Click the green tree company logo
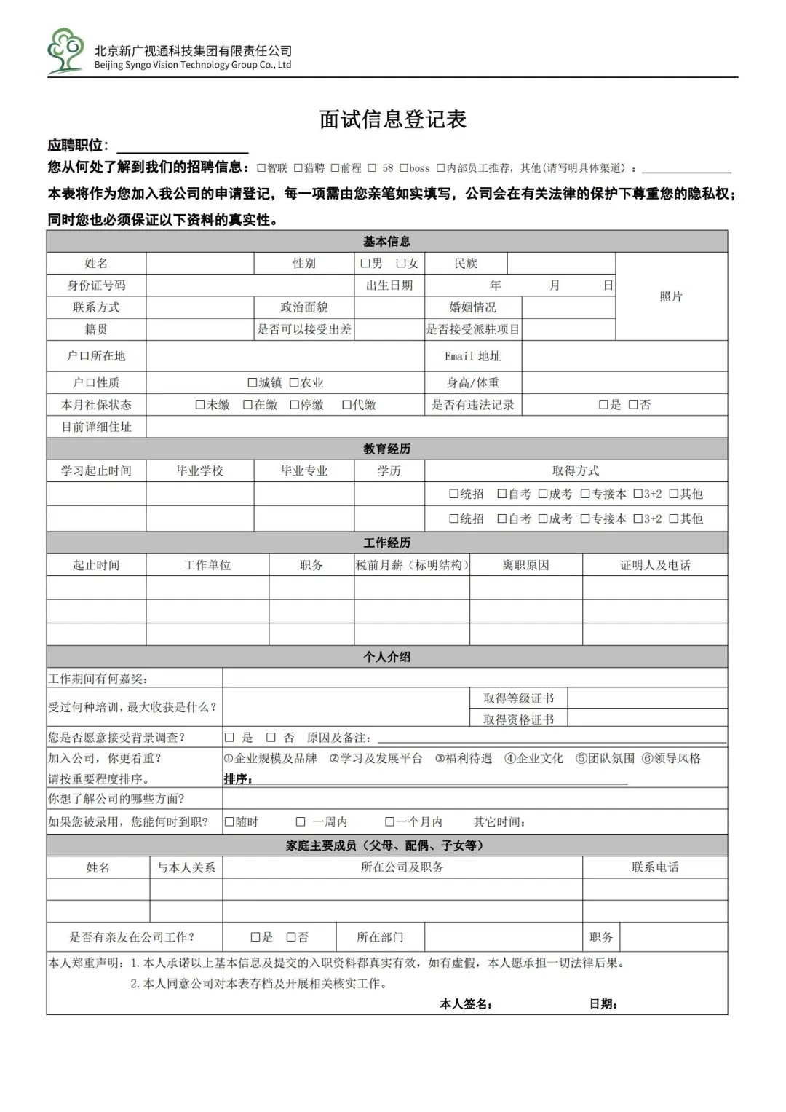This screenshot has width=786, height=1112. coord(65,51)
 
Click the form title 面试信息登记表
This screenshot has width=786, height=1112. coord(392,119)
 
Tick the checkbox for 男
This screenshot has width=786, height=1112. coord(365,263)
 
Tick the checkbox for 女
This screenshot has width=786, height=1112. coord(401,263)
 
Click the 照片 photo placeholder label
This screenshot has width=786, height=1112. coord(670,296)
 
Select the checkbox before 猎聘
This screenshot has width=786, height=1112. coord(298,168)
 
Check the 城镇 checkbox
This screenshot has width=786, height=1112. coord(253,382)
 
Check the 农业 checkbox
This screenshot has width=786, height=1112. coord(294,382)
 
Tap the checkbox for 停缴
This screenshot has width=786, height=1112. coord(295,405)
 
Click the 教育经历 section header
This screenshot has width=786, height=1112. coord(386,449)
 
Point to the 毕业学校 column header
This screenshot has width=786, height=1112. coord(199,471)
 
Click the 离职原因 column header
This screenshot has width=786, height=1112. coord(525,565)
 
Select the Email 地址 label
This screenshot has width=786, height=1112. coord(472,356)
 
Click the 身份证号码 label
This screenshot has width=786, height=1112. coord(96,285)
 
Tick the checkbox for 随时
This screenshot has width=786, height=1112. coord(229,822)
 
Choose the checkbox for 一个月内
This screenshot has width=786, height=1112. coord(390,822)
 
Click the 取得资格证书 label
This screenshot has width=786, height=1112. coord(518,719)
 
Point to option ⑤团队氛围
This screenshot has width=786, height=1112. coord(605,759)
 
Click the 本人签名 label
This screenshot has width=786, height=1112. coord(466,1004)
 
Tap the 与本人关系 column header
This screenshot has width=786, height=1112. coord(186,867)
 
